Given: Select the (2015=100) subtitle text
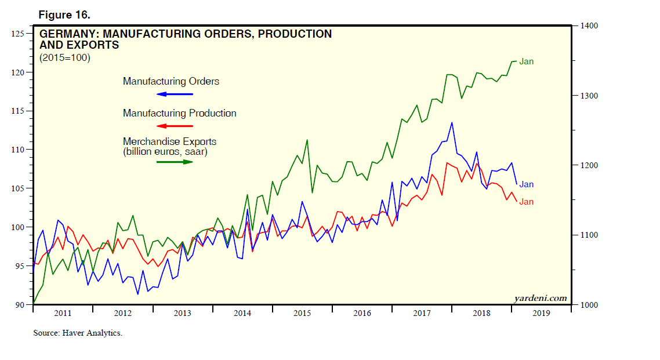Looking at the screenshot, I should pyautogui.click(x=65, y=57).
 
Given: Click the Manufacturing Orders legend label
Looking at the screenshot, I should pyautogui.click(x=171, y=81).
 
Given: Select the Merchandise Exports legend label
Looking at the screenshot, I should pyautogui.click(x=169, y=141).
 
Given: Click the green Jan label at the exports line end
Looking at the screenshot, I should pyautogui.click(x=526, y=61).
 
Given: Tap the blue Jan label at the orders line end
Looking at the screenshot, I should pyautogui.click(x=526, y=184).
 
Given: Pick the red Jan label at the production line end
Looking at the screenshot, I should pyautogui.click(x=526, y=202).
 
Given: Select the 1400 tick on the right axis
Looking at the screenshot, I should pyautogui.click(x=587, y=26).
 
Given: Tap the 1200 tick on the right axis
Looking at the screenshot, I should pyautogui.click(x=587, y=165).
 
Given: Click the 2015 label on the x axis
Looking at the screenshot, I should pyautogui.click(x=302, y=313).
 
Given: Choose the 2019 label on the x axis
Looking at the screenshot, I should pyautogui.click(x=541, y=313).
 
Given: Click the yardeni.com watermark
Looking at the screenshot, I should pyautogui.click(x=541, y=298).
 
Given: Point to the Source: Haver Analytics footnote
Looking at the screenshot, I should pyautogui.click(x=77, y=333).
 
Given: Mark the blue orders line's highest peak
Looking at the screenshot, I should pyautogui.click(x=451, y=122).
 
